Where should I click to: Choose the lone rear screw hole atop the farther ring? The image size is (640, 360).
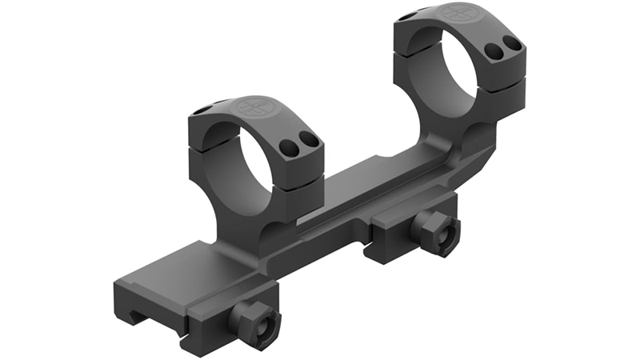pos(408,15)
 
